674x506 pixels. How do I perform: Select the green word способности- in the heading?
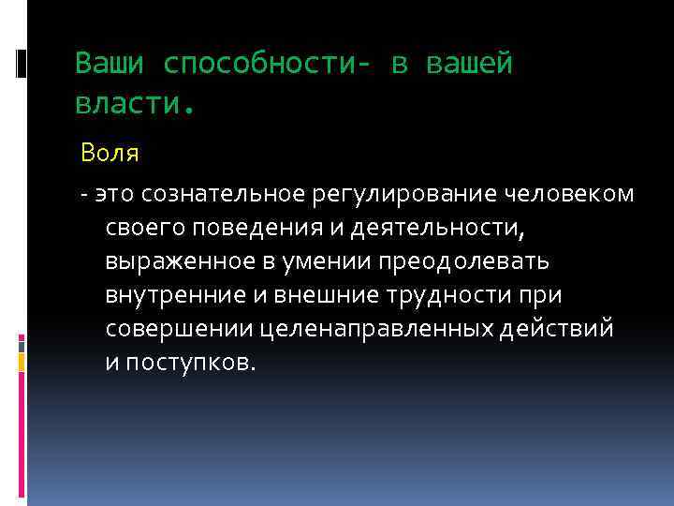268,64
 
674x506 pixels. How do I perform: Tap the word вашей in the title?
470,64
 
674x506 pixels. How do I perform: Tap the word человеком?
570,194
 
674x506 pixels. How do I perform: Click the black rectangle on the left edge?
21,64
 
